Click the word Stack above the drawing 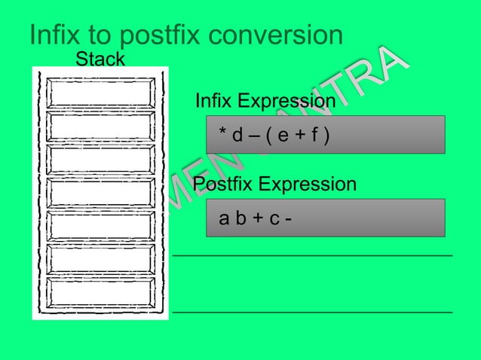click(100, 59)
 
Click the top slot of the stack click(101, 92)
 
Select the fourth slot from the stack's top click(101, 192)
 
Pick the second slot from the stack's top click(101, 126)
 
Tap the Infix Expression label click(265, 101)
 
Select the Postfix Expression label click(275, 185)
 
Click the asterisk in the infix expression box click(222, 135)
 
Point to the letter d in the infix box click(237, 136)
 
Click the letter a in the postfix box click(223, 220)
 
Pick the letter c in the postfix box click(274, 220)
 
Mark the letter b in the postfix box click(240, 219)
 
